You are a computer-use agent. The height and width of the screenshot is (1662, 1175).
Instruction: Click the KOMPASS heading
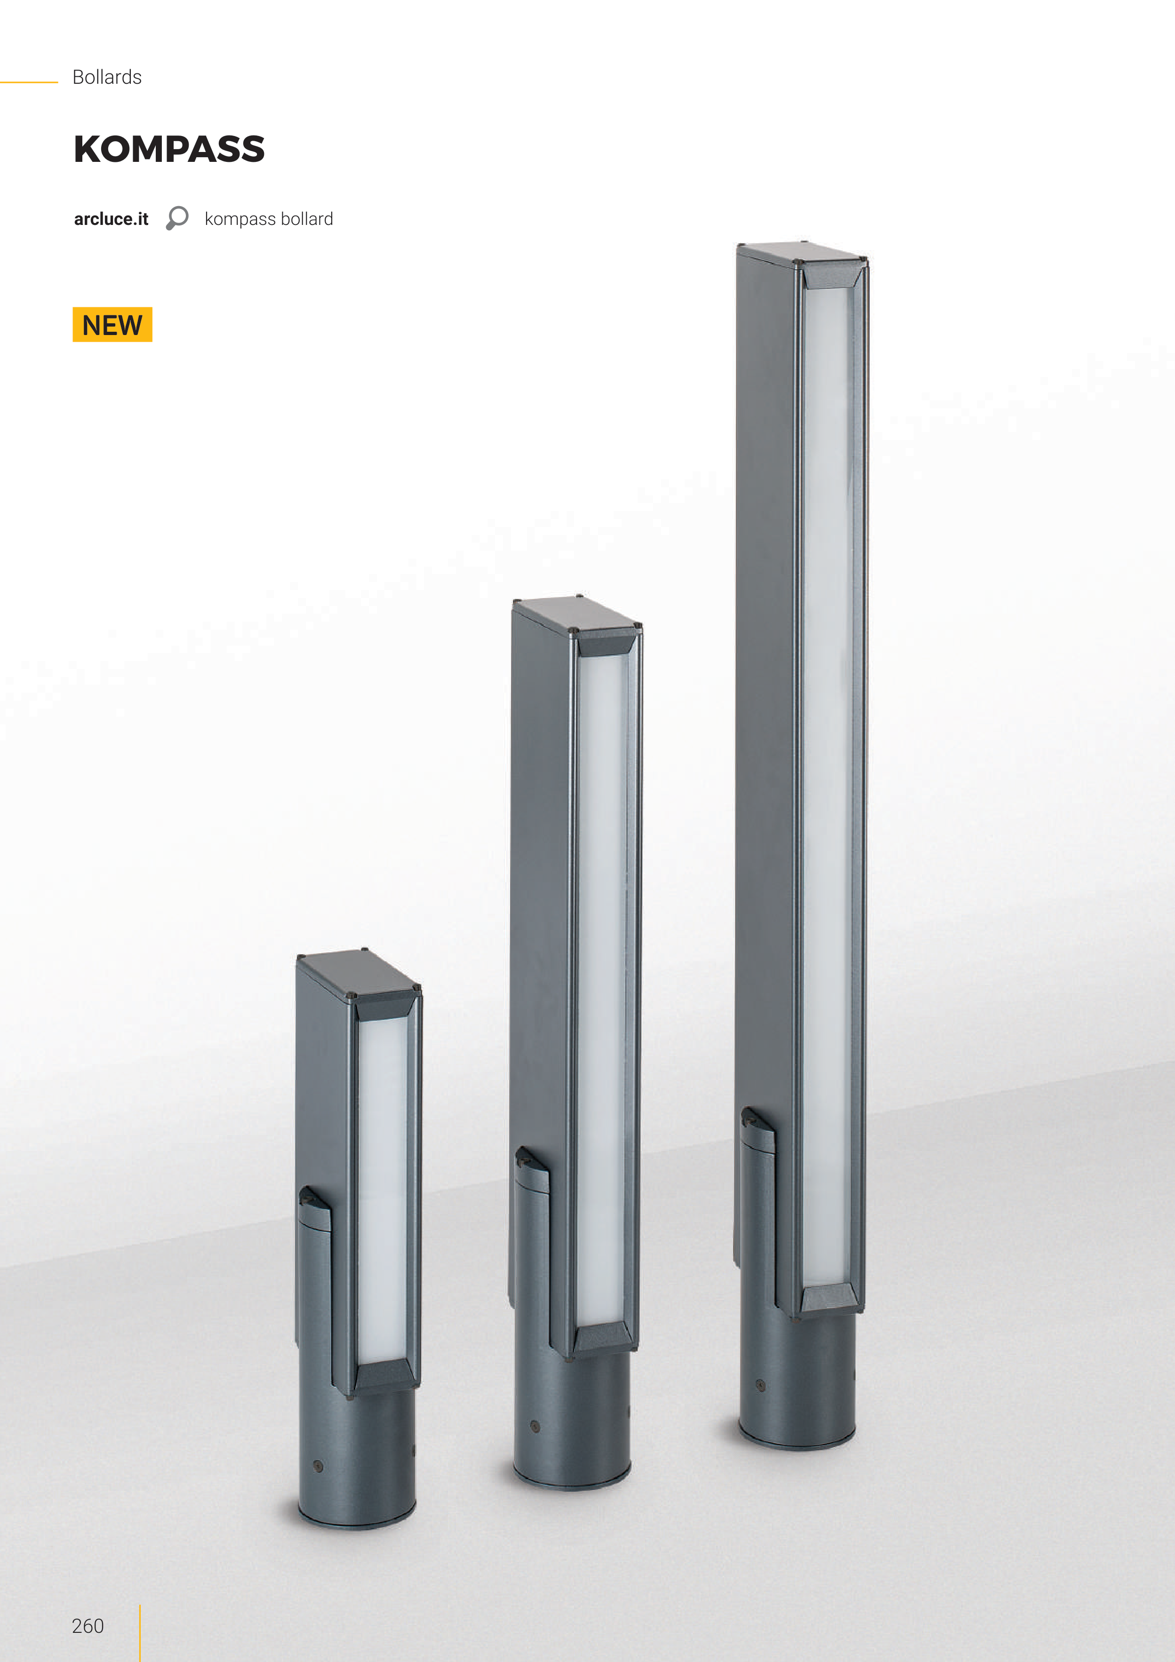tap(169, 149)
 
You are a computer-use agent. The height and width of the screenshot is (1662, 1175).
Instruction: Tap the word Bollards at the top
tap(107, 77)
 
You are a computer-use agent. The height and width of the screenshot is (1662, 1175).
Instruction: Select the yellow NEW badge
tap(112, 324)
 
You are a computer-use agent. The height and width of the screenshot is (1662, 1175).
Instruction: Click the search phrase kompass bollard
tap(269, 219)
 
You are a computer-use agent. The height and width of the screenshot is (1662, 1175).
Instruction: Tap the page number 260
tap(88, 1626)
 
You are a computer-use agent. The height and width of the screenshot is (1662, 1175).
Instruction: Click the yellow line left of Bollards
tap(29, 82)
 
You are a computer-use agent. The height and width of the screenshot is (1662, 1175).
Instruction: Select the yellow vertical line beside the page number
tap(140, 1632)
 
